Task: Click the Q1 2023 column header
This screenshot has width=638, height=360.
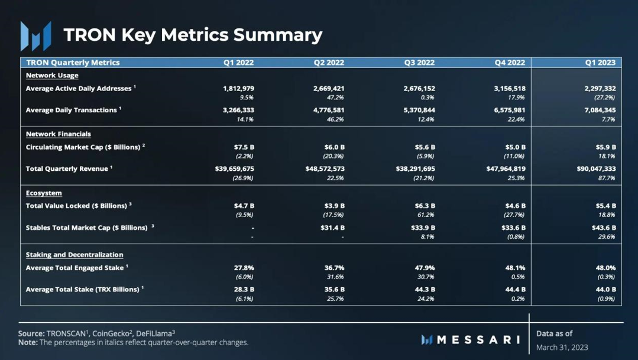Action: click(x=600, y=62)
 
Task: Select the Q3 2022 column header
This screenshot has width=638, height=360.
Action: click(x=419, y=62)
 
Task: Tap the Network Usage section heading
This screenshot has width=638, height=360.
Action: click(x=52, y=75)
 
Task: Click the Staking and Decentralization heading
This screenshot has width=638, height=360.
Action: click(x=75, y=255)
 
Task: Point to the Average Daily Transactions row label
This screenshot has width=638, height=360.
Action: click(x=71, y=110)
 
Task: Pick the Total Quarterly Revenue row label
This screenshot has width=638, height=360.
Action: click(x=67, y=168)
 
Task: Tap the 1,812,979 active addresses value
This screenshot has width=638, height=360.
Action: click(x=238, y=89)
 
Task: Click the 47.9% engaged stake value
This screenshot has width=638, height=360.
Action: click(x=425, y=268)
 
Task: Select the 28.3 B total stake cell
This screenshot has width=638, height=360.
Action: click(x=244, y=290)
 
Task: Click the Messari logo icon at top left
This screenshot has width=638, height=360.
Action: click(x=35, y=35)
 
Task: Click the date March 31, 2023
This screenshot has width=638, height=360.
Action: click(x=562, y=347)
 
